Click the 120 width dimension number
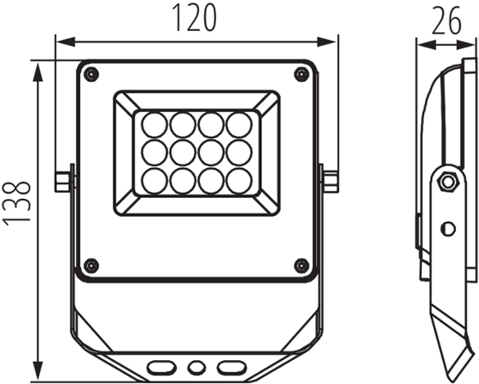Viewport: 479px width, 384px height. point(195,18)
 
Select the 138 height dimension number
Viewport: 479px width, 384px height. point(18,202)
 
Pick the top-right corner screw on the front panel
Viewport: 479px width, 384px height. point(300,74)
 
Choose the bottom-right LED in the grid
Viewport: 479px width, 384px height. point(243,179)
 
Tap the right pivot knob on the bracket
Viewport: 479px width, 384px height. point(329,181)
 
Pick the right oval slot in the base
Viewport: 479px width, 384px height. point(229,367)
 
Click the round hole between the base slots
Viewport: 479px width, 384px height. point(196,367)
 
